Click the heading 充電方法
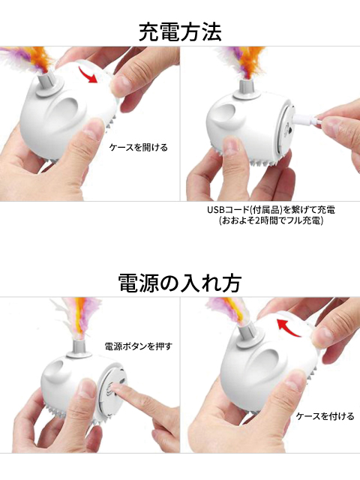pyautogui.click(x=180, y=32)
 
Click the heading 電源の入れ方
pyautogui.click(x=180, y=283)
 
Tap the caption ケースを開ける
pyautogui.click(x=139, y=148)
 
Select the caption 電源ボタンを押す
pyautogui.click(x=139, y=346)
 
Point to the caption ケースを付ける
pyautogui.click(x=325, y=416)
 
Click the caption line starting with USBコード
pyautogui.click(x=271, y=210)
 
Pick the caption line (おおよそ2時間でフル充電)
pyautogui.click(x=271, y=220)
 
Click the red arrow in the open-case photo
pyautogui.click(x=88, y=75)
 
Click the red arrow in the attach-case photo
pyautogui.click(x=289, y=327)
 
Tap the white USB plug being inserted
pyautogui.click(x=307, y=121)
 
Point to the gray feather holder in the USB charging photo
pyautogui.click(x=246, y=90)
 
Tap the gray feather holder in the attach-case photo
pyautogui.click(x=250, y=337)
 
